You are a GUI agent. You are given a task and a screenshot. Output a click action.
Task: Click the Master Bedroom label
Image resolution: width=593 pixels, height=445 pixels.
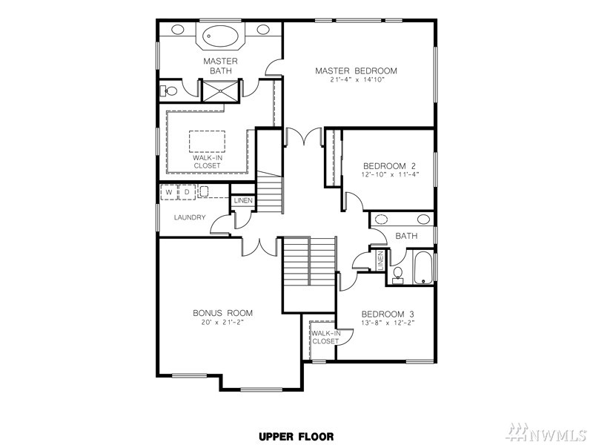point(356,70)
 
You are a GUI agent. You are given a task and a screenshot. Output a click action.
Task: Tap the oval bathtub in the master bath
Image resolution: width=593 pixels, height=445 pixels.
point(220,36)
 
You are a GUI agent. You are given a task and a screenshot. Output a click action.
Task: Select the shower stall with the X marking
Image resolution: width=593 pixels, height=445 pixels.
point(220,90)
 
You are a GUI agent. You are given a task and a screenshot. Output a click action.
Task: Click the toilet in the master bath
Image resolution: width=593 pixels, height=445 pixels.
point(169,91)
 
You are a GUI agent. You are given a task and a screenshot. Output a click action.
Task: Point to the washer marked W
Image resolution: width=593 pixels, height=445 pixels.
point(169,192)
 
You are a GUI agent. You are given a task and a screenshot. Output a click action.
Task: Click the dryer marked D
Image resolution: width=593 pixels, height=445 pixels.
point(187,192)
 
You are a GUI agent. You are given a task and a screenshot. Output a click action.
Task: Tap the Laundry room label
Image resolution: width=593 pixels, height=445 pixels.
point(190,217)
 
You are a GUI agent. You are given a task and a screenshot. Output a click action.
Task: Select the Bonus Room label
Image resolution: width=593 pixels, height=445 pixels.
point(222,313)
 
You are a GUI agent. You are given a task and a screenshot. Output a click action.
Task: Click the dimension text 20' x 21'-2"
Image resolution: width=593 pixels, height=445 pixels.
point(222,323)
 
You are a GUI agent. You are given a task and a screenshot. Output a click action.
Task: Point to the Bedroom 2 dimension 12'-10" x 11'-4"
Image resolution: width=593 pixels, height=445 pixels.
point(389,174)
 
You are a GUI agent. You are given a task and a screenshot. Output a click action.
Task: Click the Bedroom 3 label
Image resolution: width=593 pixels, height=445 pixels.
point(388,314)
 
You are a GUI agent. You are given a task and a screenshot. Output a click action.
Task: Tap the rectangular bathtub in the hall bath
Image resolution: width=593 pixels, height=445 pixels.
point(423,268)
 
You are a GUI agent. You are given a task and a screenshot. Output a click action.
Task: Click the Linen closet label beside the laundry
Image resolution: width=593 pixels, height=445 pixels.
point(243,200)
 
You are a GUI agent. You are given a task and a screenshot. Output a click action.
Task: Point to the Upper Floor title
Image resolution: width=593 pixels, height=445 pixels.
point(296,437)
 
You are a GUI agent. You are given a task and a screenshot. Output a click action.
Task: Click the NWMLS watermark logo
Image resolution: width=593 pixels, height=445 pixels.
point(549,432)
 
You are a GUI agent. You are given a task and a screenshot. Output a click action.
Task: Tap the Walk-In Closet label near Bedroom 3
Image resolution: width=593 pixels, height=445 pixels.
point(325,337)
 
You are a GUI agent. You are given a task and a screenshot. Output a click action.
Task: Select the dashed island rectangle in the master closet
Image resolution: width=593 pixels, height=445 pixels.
point(207,142)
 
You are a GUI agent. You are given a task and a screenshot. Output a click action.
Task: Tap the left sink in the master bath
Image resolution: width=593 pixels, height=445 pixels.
point(178,29)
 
